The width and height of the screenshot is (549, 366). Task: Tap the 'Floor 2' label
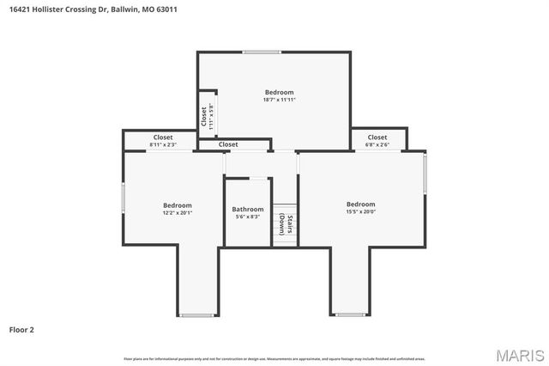click(x=21, y=329)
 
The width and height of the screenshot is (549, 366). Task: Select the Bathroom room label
click(x=248, y=209)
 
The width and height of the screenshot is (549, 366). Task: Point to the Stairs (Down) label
click(x=286, y=224)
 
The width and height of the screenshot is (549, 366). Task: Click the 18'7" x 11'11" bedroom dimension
click(x=279, y=100)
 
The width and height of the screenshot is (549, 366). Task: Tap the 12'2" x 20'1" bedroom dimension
click(x=178, y=212)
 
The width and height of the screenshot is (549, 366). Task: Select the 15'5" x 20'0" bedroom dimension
click(x=360, y=211)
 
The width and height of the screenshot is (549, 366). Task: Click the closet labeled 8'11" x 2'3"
click(x=163, y=145)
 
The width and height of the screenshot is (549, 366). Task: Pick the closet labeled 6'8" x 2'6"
click(x=377, y=145)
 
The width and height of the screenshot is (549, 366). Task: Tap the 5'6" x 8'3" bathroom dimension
click(x=248, y=217)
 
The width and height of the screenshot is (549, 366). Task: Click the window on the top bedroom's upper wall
click(x=261, y=52)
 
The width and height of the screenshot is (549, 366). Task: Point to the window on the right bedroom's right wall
click(x=425, y=173)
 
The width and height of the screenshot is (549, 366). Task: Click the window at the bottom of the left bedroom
click(x=196, y=315)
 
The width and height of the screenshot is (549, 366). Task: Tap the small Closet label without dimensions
click(x=228, y=144)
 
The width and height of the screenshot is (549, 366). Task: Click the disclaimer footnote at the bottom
click(x=274, y=358)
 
